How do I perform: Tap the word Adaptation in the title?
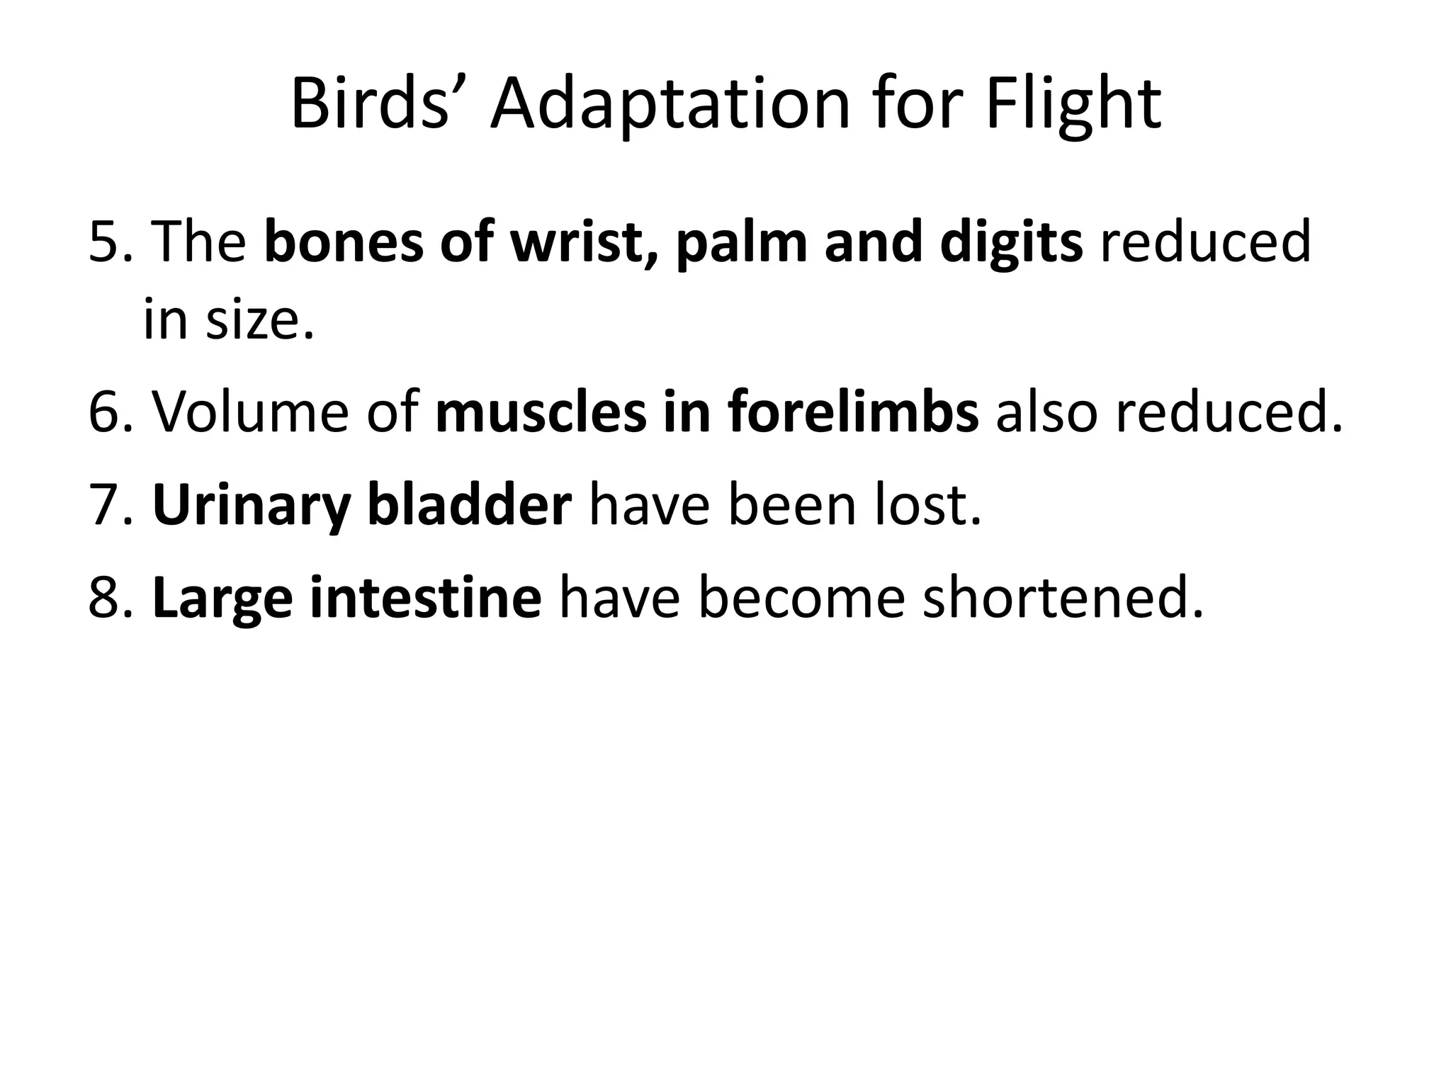pyautogui.click(x=669, y=105)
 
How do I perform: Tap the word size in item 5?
pyautogui.click(x=259, y=320)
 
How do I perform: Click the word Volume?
pyautogui.click(x=250, y=412)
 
